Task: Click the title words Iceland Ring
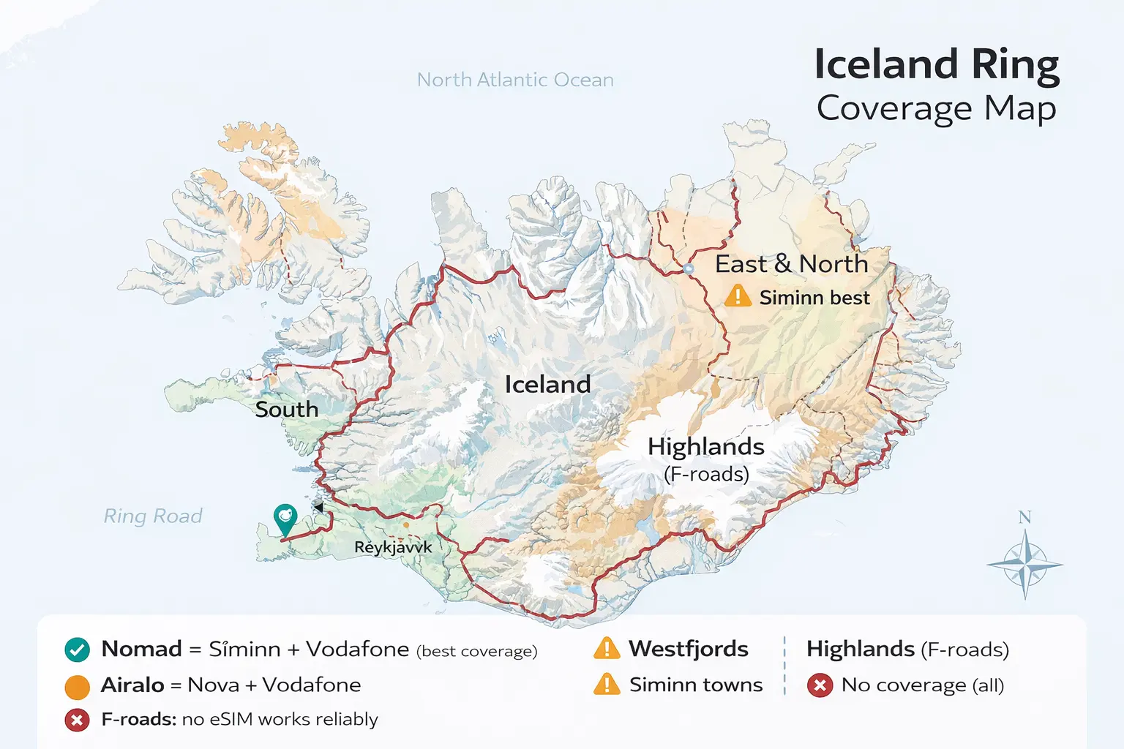click(937, 64)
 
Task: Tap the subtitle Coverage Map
click(937, 108)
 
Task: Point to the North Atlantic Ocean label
click(515, 80)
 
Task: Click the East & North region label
click(791, 264)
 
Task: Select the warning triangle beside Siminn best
click(738, 296)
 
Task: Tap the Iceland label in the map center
click(547, 385)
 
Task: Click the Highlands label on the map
click(705, 446)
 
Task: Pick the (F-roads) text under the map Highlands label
click(706, 474)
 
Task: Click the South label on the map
click(286, 410)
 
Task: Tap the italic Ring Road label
click(153, 516)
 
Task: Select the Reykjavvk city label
click(393, 547)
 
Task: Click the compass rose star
click(1025, 565)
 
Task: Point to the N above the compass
click(1024, 517)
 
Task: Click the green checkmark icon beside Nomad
click(77, 650)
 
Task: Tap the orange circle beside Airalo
click(77, 686)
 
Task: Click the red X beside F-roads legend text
click(77, 720)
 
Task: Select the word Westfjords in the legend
click(688, 649)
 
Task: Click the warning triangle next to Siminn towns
click(607, 685)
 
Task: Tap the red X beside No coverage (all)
click(820, 685)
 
